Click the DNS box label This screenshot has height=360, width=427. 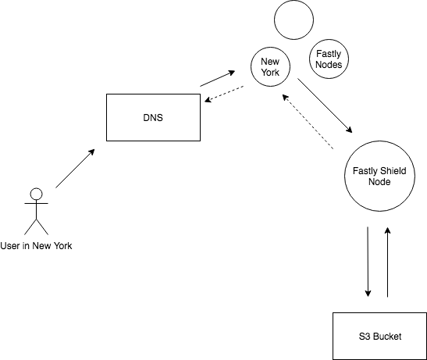pyautogui.click(x=153, y=118)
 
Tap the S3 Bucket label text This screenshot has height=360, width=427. pyautogui.click(x=380, y=337)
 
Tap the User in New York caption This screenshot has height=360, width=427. pyautogui.click(x=36, y=246)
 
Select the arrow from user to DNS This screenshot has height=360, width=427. pyautogui.click(x=75, y=169)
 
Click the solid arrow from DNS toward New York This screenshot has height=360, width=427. pyautogui.click(x=218, y=79)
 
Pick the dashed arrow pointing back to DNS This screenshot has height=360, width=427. pyautogui.click(x=224, y=94)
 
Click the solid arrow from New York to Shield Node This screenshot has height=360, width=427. pyautogui.click(x=325, y=105)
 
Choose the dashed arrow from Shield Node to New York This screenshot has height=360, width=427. pyautogui.click(x=308, y=122)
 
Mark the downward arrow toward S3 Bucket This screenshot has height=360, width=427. pyautogui.click(x=368, y=262)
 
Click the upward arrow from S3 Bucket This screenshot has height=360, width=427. pyautogui.click(x=387, y=262)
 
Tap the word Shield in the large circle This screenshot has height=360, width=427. pyautogui.click(x=393, y=171)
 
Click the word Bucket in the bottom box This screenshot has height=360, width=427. pyautogui.click(x=387, y=337)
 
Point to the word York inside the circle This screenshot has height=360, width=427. pyautogui.click(x=270, y=72)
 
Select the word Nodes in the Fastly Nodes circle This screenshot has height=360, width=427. pyautogui.click(x=329, y=65)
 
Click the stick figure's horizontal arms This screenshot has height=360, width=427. pyautogui.click(x=36, y=203)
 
